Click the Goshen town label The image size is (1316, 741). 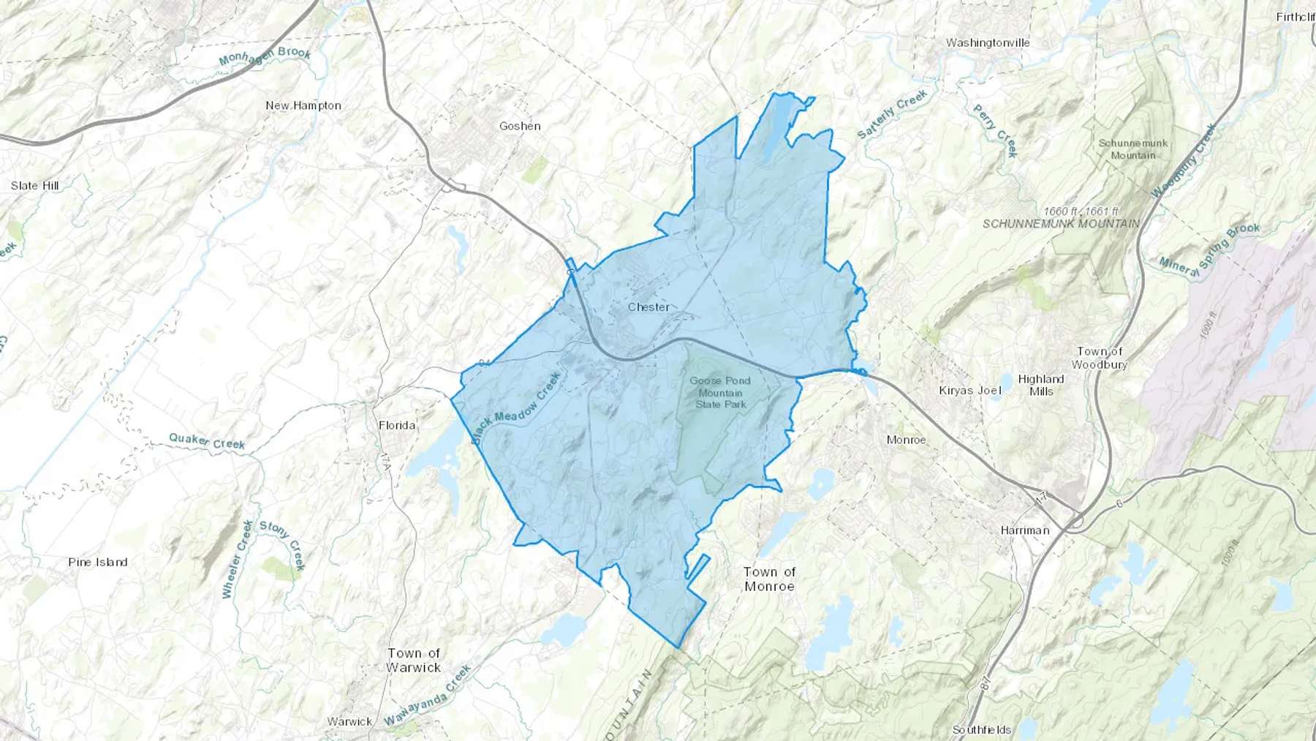pyautogui.click(x=520, y=126)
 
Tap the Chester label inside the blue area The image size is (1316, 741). pyautogui.click(x=648, y=307)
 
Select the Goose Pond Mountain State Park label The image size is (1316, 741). pyautogui.click(x=720, y=392)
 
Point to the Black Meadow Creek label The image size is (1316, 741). pyautogui.click(x=516, y=408)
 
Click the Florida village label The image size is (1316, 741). pyautogui.click(x=397, y=425)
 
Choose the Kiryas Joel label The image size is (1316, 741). pyautogui.click(x=970, y=391)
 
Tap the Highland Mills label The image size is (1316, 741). pyautogui.click(x=1041, y=385)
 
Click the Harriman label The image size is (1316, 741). pyautogui.click(x=1025, y=530)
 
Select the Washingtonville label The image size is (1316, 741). pyautogui.click(x=988, y=42)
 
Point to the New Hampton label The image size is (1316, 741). pyautogui.click(x=303, y=105)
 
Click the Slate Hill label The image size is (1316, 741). pyautogui.click(x=34, y=185)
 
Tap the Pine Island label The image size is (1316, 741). pyautogui.click(x=98, y=562)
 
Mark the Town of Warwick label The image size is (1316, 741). pyautogui.click(x=414, y=660)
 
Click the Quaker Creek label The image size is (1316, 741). pyautogui.click(x=207, y=441)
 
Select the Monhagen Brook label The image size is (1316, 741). pyautogui.click(x=265, y=56)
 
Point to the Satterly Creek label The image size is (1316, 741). pyautogui.click(x=892, y=114)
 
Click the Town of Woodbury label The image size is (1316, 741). pyautogui.click(x=1100, y=358)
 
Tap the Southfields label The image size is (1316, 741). pyautogui.click(x=982, y=729)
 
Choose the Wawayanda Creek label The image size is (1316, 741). pyautogui.click(x=428, y=695)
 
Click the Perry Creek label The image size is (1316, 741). pyautogui.click(x=995, y=131)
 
